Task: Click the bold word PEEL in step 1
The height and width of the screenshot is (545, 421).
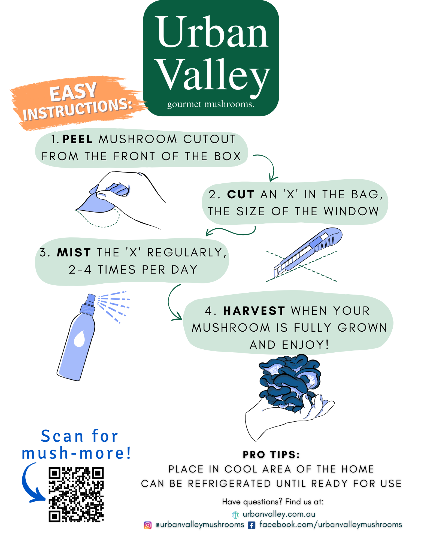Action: point(77,139)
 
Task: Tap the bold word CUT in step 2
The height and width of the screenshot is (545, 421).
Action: point(241,195)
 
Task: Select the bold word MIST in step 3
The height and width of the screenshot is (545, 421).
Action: point(74,253)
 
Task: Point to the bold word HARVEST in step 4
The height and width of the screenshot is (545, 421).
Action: point(254,311)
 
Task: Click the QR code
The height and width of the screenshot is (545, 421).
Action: point(76,495)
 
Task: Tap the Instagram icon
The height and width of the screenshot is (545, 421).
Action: point(147,525)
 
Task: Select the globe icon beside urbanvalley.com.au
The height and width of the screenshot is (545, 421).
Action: point(235,515)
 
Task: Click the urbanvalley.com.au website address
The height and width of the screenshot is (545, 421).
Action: point(279,514)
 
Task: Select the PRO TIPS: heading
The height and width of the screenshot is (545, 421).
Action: point(271,455)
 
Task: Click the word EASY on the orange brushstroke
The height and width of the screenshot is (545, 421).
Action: point(73,92)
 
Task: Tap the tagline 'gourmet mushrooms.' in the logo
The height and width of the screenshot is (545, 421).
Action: point(211,104)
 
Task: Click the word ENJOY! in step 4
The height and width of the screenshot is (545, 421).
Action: point(305,345)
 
